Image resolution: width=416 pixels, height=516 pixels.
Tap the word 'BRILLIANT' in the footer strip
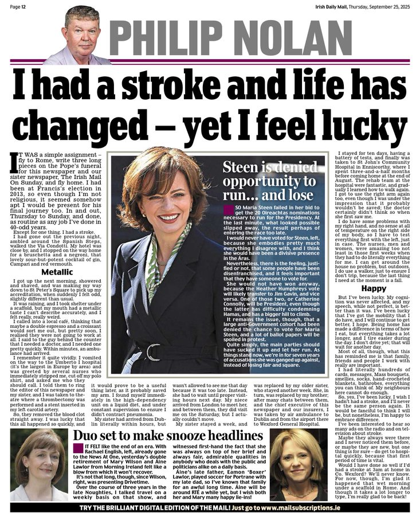pos(136,508)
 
